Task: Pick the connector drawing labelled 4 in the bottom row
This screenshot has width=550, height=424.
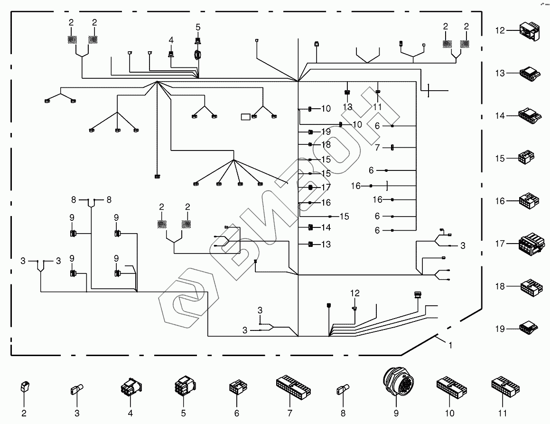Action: click(x=131, y=388)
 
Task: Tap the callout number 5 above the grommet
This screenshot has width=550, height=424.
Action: click(x=198, y=27)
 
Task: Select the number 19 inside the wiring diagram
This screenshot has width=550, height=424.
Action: click(x=326, y=132)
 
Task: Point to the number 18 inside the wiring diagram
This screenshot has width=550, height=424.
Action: click(x=326, y=144)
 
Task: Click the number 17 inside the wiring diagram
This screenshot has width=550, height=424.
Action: click(x=326, y=188)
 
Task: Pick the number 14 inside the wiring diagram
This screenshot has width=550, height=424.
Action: click(x=326, y=227)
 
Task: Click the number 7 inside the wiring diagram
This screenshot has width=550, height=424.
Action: click(x=377, y=148)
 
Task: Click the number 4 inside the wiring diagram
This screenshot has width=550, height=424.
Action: click(x=171, y=39)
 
